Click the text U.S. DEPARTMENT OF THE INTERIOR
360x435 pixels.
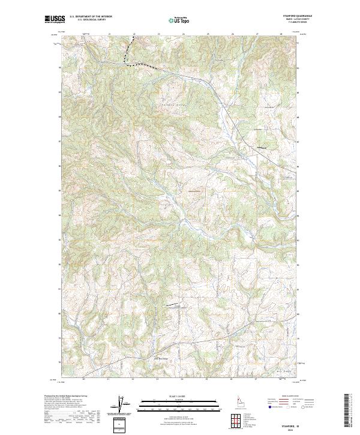[91, 16]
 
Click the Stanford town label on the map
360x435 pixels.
[261, 148]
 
